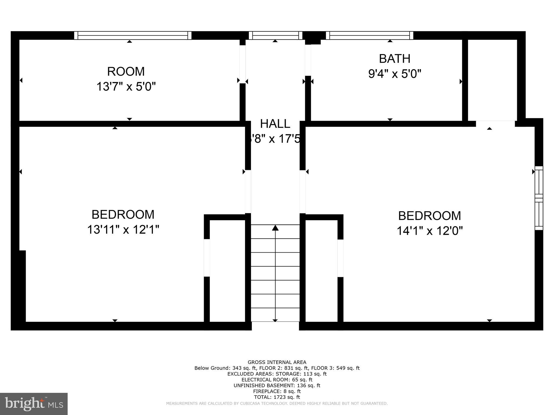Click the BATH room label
(x=394, y=59)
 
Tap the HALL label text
(x=275, y=124)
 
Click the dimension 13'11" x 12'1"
(x=123, y=230)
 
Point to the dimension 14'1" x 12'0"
(x=430, y=231)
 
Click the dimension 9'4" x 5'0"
(x=395, y=74)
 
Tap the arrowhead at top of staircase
(x=275, y=228)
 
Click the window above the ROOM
(x=133, y=35)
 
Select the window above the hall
(x=275, y=35)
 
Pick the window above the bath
(x=370, y=35)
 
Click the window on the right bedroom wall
(x=539, y=198)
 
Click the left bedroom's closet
(x=227, y=270)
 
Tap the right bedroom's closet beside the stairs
(x=321, y=270)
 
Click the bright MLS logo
(x=34, y=404)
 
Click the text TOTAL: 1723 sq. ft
(x=277, y=397)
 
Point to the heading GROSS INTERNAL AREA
(x=277, y=362)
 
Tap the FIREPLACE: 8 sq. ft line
(x=277, y=391)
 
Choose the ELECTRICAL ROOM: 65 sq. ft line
(x=277, y=380)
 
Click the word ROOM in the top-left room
(x=126, y=72)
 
